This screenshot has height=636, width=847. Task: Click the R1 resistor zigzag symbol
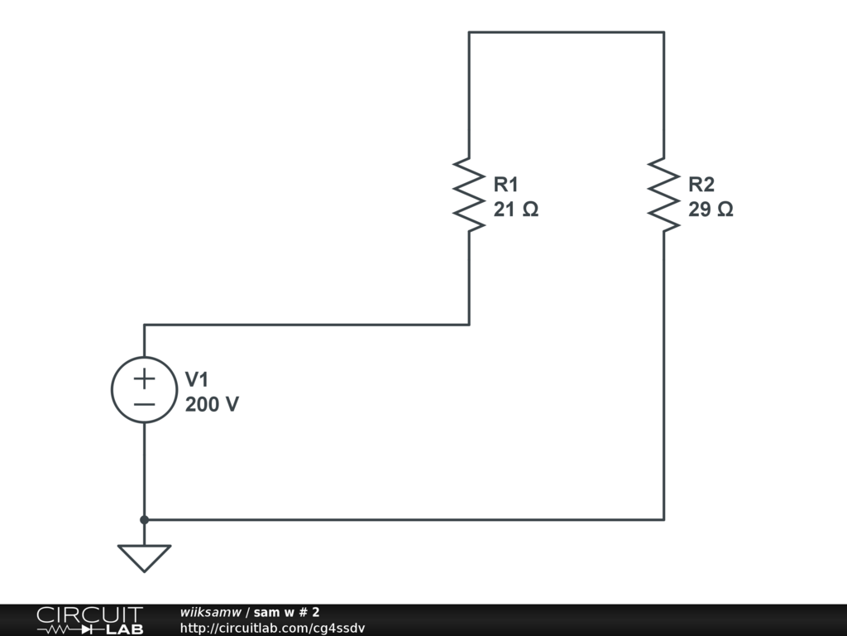469,194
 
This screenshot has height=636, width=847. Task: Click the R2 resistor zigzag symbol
663,194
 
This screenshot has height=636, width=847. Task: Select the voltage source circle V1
144,390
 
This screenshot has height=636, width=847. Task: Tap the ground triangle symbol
144,556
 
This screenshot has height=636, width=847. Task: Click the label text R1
506,184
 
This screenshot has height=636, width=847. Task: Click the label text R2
701,184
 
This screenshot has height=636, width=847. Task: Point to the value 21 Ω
515,210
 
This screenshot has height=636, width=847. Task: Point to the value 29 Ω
710,210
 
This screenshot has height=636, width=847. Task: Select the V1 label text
197,379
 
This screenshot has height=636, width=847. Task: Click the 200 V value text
212,405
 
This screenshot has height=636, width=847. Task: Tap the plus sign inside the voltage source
144,378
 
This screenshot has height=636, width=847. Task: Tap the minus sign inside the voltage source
144,404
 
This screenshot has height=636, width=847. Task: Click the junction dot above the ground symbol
144,519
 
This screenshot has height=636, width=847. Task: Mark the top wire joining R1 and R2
566,32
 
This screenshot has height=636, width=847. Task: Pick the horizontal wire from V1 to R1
306,325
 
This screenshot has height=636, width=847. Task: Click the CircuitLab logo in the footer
89,620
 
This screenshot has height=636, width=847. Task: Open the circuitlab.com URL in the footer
272,629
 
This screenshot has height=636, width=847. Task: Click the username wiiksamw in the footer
210,612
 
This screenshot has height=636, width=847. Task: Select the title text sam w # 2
286,612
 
